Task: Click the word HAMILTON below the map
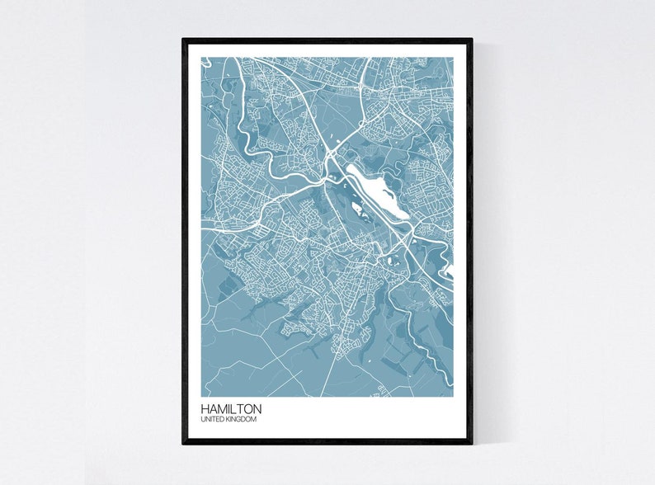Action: coord(231,409)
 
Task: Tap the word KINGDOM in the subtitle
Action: coord(242,421)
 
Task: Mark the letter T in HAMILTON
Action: coord(242,409)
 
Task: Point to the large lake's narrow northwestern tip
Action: coord(348,167)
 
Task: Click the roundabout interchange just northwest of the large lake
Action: coord(330,153)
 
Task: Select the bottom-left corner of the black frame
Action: coord(183,444)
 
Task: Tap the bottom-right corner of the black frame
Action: coord(472,444)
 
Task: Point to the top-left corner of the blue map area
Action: coord(200,57)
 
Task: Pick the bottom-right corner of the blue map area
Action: coord(454,396)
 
